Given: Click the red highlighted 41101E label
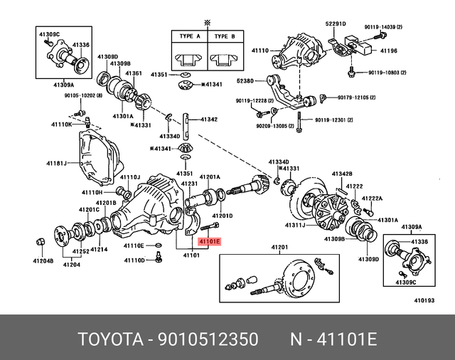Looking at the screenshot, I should point(210,242).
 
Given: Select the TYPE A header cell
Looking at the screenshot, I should point(188,36).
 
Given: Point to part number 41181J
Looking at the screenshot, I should point(57,164).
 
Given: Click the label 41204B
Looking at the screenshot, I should point(42,260).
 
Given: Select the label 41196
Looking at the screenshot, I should point(388,51).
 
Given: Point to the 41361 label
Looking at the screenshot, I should point(134,73).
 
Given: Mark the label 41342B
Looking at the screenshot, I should point(341,174).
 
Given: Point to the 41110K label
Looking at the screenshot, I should point(60,124).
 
